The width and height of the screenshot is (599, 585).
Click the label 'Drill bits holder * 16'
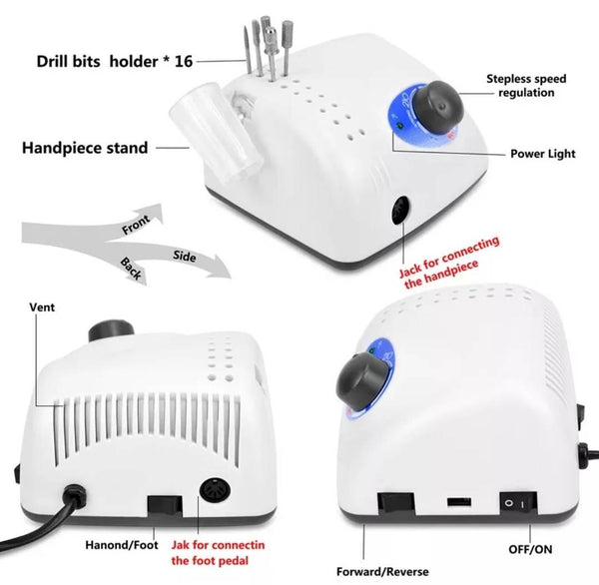tap(115, 62)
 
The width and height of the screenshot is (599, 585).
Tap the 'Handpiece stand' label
tap(85, 148)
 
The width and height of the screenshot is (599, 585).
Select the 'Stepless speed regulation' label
tap(526, 86)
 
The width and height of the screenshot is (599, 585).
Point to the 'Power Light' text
tap(543, 154)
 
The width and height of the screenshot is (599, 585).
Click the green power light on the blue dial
tap(399, 125)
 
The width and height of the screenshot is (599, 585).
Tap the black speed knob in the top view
tap(439, 108)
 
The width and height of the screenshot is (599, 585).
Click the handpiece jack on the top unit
tap(401, 211)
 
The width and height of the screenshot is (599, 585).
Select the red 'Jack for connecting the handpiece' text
tap(449, 263)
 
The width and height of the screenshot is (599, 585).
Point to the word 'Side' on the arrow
tap(185, 256)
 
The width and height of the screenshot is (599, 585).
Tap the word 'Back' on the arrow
tap(131, 269)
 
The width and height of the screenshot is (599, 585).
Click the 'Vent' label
tap(42, 307)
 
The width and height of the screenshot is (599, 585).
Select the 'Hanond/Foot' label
tap(122, 544)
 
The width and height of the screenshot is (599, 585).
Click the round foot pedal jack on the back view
tap(215, 490)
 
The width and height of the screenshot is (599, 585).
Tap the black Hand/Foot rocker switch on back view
tap(165, 505)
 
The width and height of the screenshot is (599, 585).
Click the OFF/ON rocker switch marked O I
tap(518, 503)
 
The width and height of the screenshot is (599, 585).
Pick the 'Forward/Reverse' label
tap(382, 572)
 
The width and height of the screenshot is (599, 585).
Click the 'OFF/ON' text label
tap(530, 549)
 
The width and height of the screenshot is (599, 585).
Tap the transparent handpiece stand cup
tap(217, 130)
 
